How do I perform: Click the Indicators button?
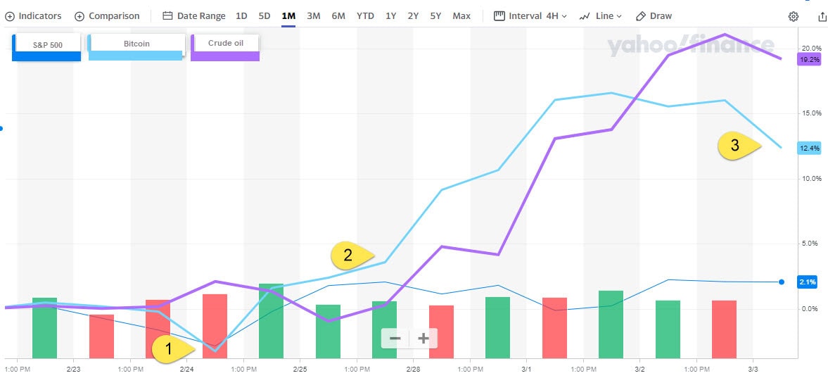[34, 15]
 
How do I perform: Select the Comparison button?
[107, 15]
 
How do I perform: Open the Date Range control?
[194, 15]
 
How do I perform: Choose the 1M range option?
[288, 15]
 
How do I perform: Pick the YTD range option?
[365, 15]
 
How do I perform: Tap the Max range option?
[461, 15]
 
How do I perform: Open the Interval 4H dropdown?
[530, 15]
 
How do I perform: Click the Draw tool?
[654, 15]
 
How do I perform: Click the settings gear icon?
[794, 16]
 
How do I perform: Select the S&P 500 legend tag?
[47, 45]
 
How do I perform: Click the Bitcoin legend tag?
[136, 44]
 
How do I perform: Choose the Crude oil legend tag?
[225, 44]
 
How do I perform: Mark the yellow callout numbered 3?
[737, 146]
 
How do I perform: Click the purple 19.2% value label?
[809, 60]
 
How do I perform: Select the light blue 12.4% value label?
[809, 148]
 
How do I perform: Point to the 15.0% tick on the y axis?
[811, 113]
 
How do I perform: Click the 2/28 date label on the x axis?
[413, 369]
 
